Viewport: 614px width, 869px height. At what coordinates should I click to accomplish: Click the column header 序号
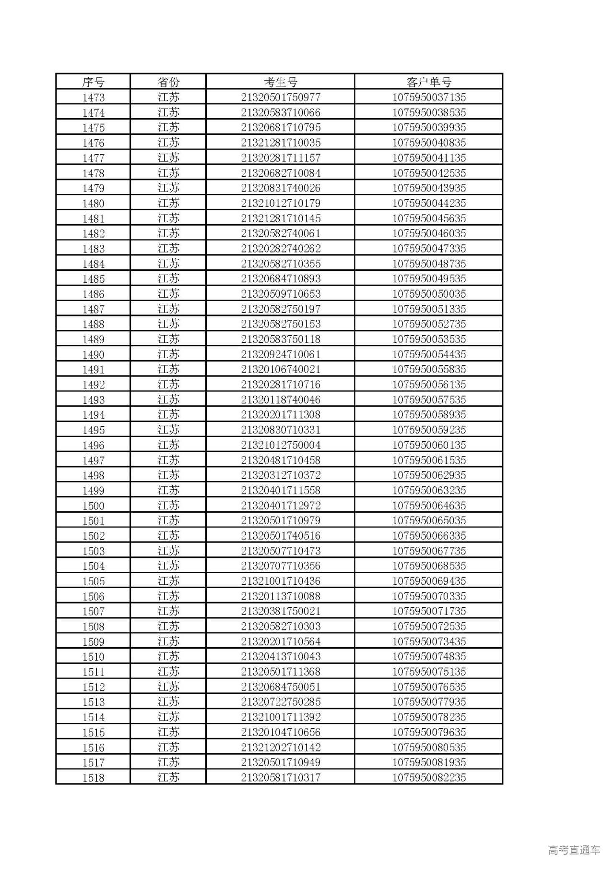[93, 82]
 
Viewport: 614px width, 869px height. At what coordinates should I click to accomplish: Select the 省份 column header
[168, 82]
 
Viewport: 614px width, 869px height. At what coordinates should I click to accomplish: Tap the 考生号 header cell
[281, 82]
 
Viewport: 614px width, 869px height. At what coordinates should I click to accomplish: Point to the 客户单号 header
[429, 82]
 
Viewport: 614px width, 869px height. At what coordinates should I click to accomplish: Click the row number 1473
[93, 97]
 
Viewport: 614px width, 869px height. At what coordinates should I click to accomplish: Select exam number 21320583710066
[281, 113]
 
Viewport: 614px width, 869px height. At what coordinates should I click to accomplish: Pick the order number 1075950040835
[429, 143]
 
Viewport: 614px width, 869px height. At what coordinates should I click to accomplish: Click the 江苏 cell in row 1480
[168, 203]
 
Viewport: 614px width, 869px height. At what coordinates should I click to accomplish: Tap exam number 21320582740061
[281, 234]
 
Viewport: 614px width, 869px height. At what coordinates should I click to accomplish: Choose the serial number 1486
[93, 294]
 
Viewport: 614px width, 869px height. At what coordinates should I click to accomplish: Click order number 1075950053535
[429, 339]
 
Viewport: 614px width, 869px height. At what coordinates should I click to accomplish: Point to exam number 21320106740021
[281, 370]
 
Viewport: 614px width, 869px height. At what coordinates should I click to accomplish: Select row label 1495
[93, 430]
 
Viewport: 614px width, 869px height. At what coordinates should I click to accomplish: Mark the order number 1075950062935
[429, 475]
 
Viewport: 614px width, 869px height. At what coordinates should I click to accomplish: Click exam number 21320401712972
[281, 506]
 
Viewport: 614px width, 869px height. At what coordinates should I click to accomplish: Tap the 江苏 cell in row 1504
[168, 566]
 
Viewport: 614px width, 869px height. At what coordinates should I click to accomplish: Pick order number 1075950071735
[429, 611]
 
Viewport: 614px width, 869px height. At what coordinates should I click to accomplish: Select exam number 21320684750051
[281, 687]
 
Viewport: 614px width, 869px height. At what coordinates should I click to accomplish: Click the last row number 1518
[93, 778]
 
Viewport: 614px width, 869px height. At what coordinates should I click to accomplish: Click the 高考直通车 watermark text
[574, 850]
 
